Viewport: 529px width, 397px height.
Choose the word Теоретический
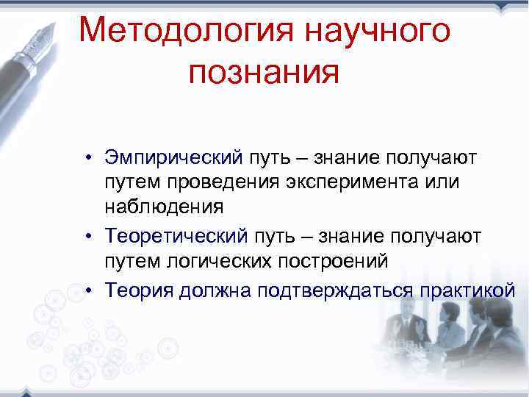pos(179,237)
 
